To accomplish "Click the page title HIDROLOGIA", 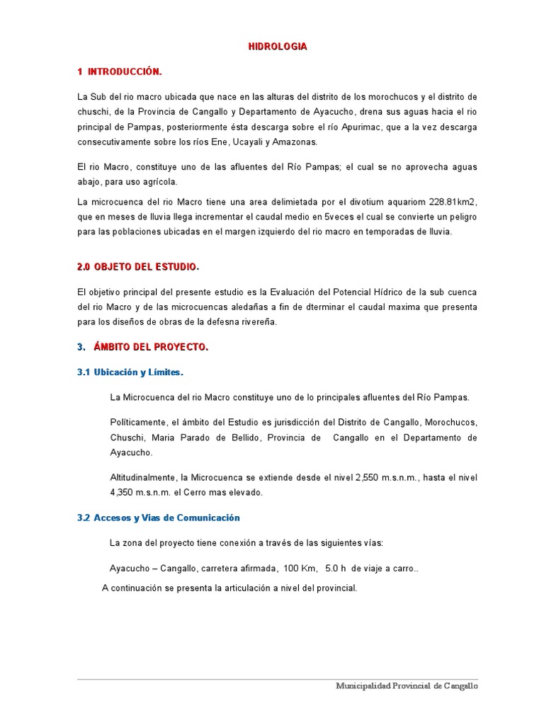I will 278,47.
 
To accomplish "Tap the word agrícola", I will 159,182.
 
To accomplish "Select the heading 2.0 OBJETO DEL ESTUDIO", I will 137,267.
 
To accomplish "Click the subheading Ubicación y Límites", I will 138,372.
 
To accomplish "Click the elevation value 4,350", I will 123,492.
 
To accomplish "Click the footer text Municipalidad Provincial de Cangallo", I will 407,687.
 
